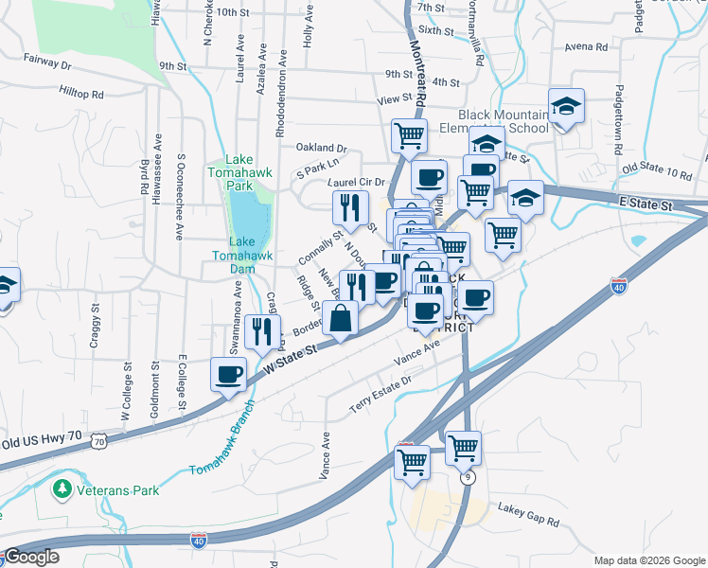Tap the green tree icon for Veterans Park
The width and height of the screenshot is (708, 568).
62,489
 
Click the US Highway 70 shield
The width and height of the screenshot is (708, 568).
99,441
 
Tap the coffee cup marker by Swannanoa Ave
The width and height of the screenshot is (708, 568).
228,374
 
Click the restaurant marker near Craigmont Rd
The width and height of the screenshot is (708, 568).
261,330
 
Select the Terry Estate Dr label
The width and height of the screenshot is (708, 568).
381,381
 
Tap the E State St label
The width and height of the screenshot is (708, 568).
646,204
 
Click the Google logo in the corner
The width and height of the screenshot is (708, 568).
32,557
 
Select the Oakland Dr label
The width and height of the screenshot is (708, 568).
322,149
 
